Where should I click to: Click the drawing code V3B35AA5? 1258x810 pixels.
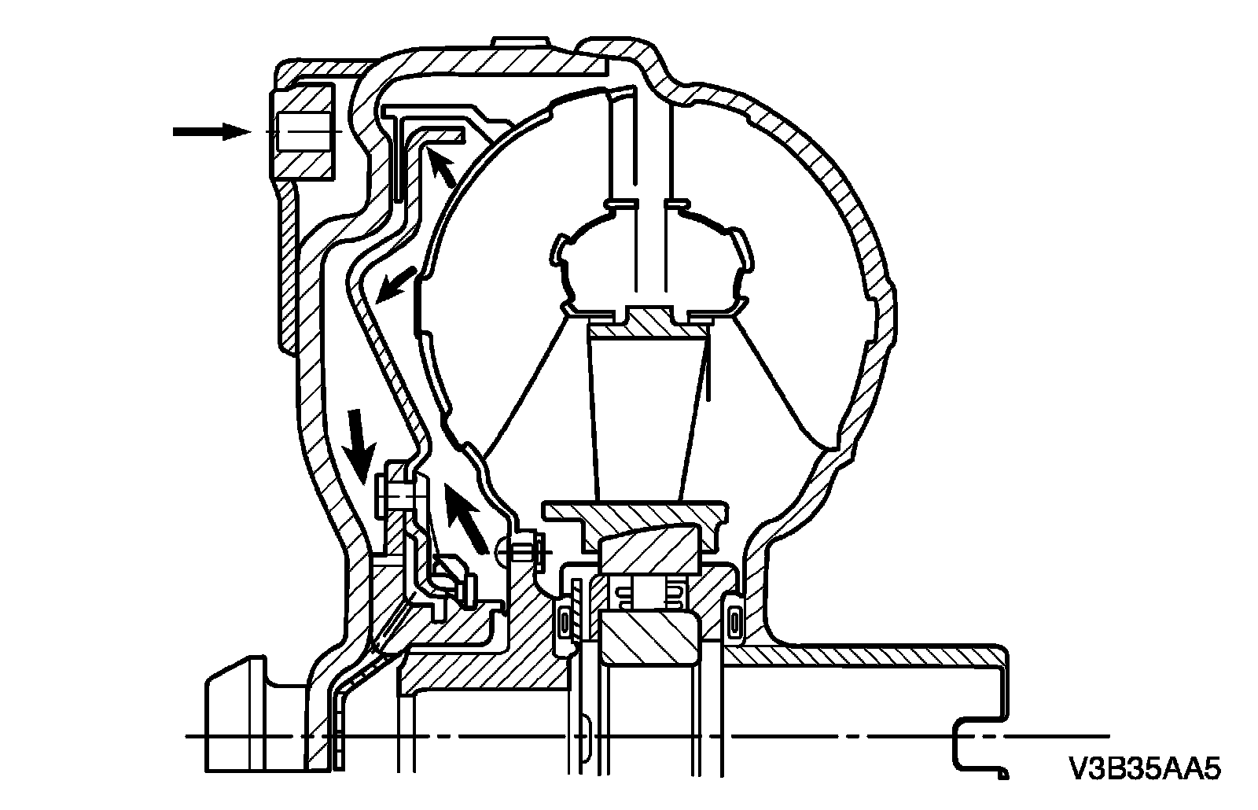pyautogui.click(x=1144, y=768)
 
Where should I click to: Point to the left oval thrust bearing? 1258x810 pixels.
pyautogui.click(x=563, y=623)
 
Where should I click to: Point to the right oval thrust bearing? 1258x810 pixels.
pyautogui.click(x=734, y=623)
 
